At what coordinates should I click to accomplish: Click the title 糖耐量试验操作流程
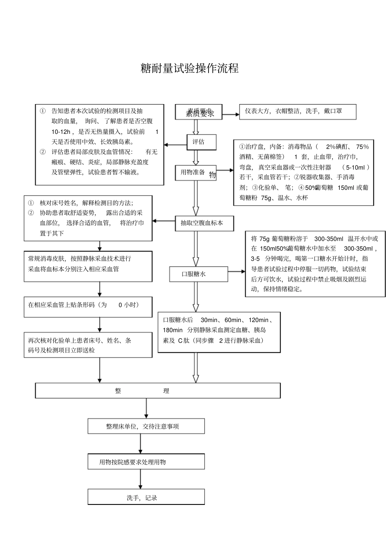[x=189, y=68]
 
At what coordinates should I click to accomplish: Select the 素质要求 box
[x=198, y=112]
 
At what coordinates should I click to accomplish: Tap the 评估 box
[x=201, y=142]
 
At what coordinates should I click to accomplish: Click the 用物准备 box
[x=196, y=173]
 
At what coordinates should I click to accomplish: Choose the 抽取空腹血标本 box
[x=204, y=223]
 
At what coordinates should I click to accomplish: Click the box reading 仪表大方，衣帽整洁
[x=297, y=111]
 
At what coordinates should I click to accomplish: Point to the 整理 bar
[x=158, y=391]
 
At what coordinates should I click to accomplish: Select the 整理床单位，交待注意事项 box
[x=146, y=427]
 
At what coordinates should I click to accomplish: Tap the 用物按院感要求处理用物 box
[x=146, y=462]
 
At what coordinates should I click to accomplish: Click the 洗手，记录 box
[x=146, y=498]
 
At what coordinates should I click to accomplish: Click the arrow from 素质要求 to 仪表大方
[x=231, y=114]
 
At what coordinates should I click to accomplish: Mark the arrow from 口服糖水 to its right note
[x=237, y=271]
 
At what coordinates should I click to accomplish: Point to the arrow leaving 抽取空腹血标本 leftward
[x=164, y=221]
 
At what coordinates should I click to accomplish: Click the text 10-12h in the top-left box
[x=61, y=132]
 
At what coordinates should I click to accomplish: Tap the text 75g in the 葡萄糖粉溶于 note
[x=264, y=239]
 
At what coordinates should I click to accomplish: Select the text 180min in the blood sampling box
[x=173, y=330]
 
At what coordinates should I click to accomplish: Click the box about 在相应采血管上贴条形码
[x=88, y=307]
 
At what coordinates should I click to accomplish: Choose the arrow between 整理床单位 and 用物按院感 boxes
[x=141, y=444]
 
